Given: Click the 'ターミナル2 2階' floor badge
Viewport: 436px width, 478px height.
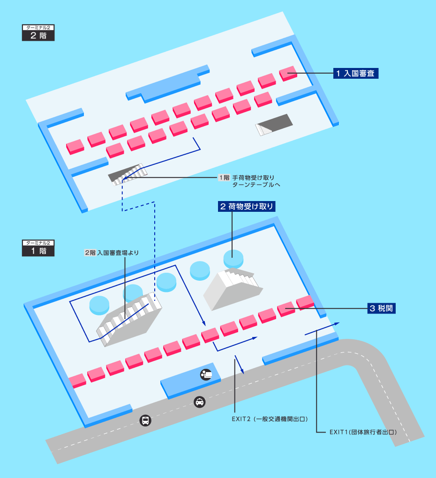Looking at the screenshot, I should click(38, 33).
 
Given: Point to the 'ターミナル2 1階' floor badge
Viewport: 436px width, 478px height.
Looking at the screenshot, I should click(38, 247).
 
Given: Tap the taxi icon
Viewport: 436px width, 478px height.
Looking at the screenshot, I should click(200, 402).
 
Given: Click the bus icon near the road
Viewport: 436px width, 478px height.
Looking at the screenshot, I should click(145, 420).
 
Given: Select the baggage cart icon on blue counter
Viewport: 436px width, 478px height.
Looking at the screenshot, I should click(206, 374).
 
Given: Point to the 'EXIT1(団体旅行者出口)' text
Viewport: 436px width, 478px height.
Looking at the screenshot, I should click(363, 432).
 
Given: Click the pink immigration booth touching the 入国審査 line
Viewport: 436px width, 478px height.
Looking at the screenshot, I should click(288, 73).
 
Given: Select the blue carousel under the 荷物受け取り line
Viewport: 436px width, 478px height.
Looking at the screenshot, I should click(233, 257).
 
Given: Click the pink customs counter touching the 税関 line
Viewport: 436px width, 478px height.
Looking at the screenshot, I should click(305, 302).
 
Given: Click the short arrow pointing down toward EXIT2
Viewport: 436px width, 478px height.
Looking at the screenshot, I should click(239, 365).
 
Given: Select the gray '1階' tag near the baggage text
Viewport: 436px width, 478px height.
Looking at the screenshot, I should click(224, 178).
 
